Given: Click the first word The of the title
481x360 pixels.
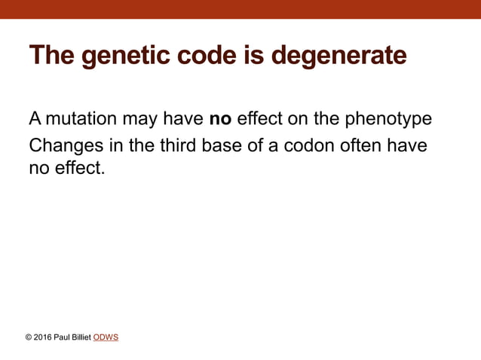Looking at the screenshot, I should tap(52, 56).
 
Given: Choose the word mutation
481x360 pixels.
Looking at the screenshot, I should tap(82, 119).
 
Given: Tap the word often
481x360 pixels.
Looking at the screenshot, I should tap(360, 145).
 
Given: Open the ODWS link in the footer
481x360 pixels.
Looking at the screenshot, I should tap(106, 337).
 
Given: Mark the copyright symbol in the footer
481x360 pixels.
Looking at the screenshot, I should tap(29, 337).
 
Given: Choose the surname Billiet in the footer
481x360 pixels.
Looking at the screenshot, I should tap(80, 337).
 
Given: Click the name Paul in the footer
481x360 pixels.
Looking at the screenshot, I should tap(63, 337).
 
